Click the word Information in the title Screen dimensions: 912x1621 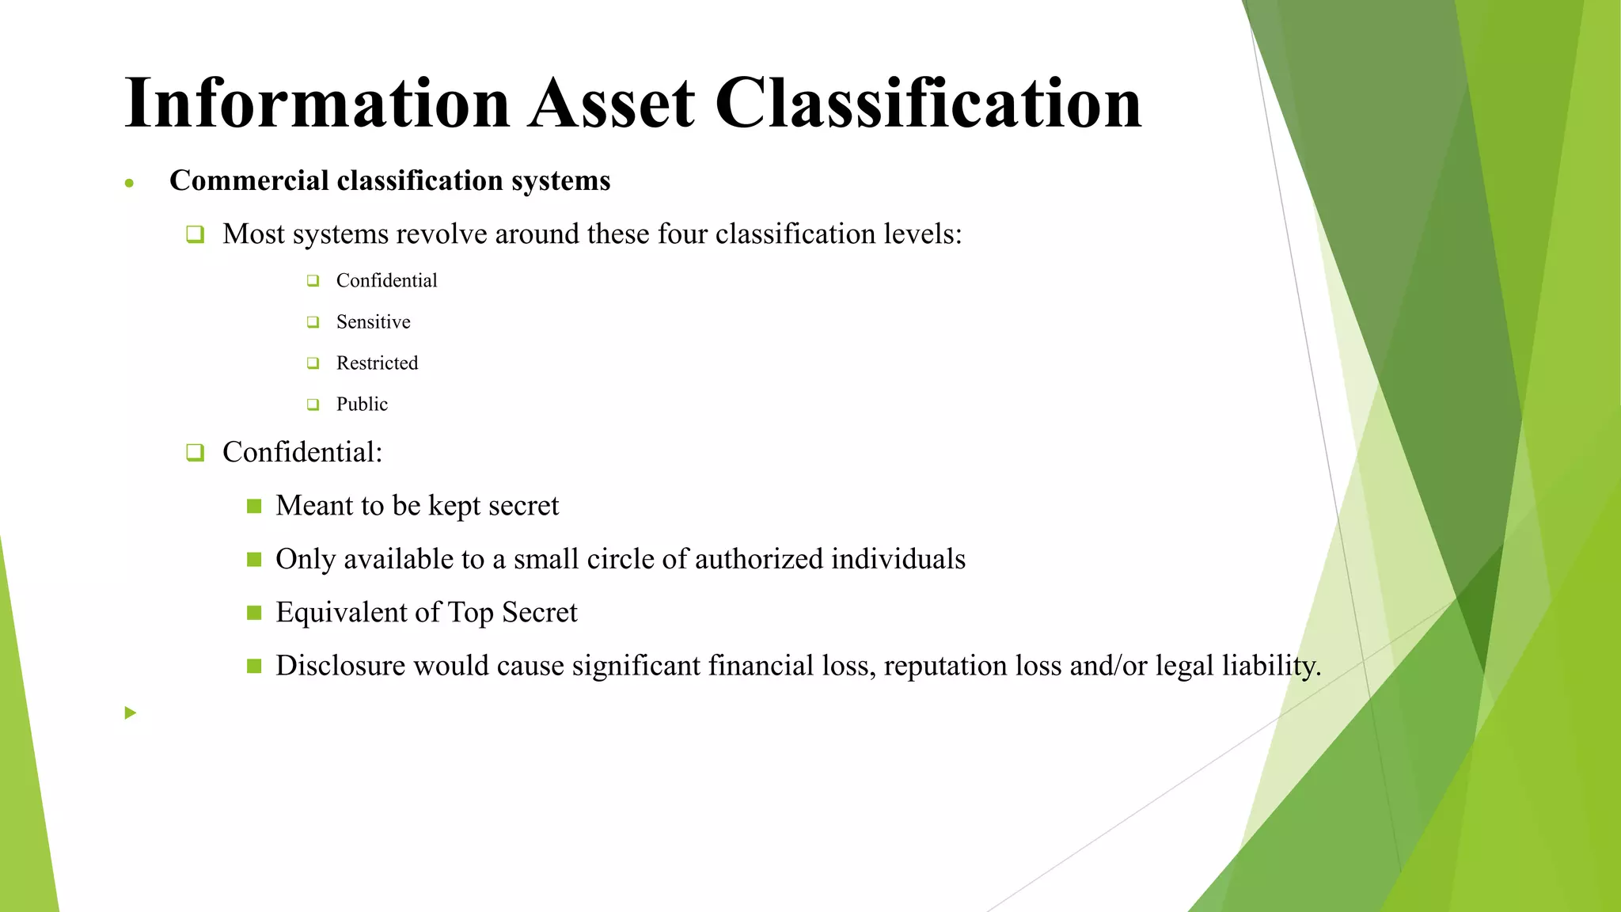point(317,103)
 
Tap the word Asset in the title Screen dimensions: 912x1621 point(612,103)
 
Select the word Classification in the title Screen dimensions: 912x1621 point(928,103)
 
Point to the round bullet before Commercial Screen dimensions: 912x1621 point(129,184)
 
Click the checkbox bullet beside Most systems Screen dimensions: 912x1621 point(195,234)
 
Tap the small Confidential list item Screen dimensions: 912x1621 point(386,280)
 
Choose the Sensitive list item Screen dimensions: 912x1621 point(373,321)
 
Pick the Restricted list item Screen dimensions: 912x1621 point(377,363)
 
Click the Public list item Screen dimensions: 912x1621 point(362,404)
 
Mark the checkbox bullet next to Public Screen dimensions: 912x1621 point(313,405)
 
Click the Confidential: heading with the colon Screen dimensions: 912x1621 point(302,452)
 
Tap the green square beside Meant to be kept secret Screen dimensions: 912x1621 point(254,506)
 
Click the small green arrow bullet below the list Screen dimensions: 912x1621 point(131,713)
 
